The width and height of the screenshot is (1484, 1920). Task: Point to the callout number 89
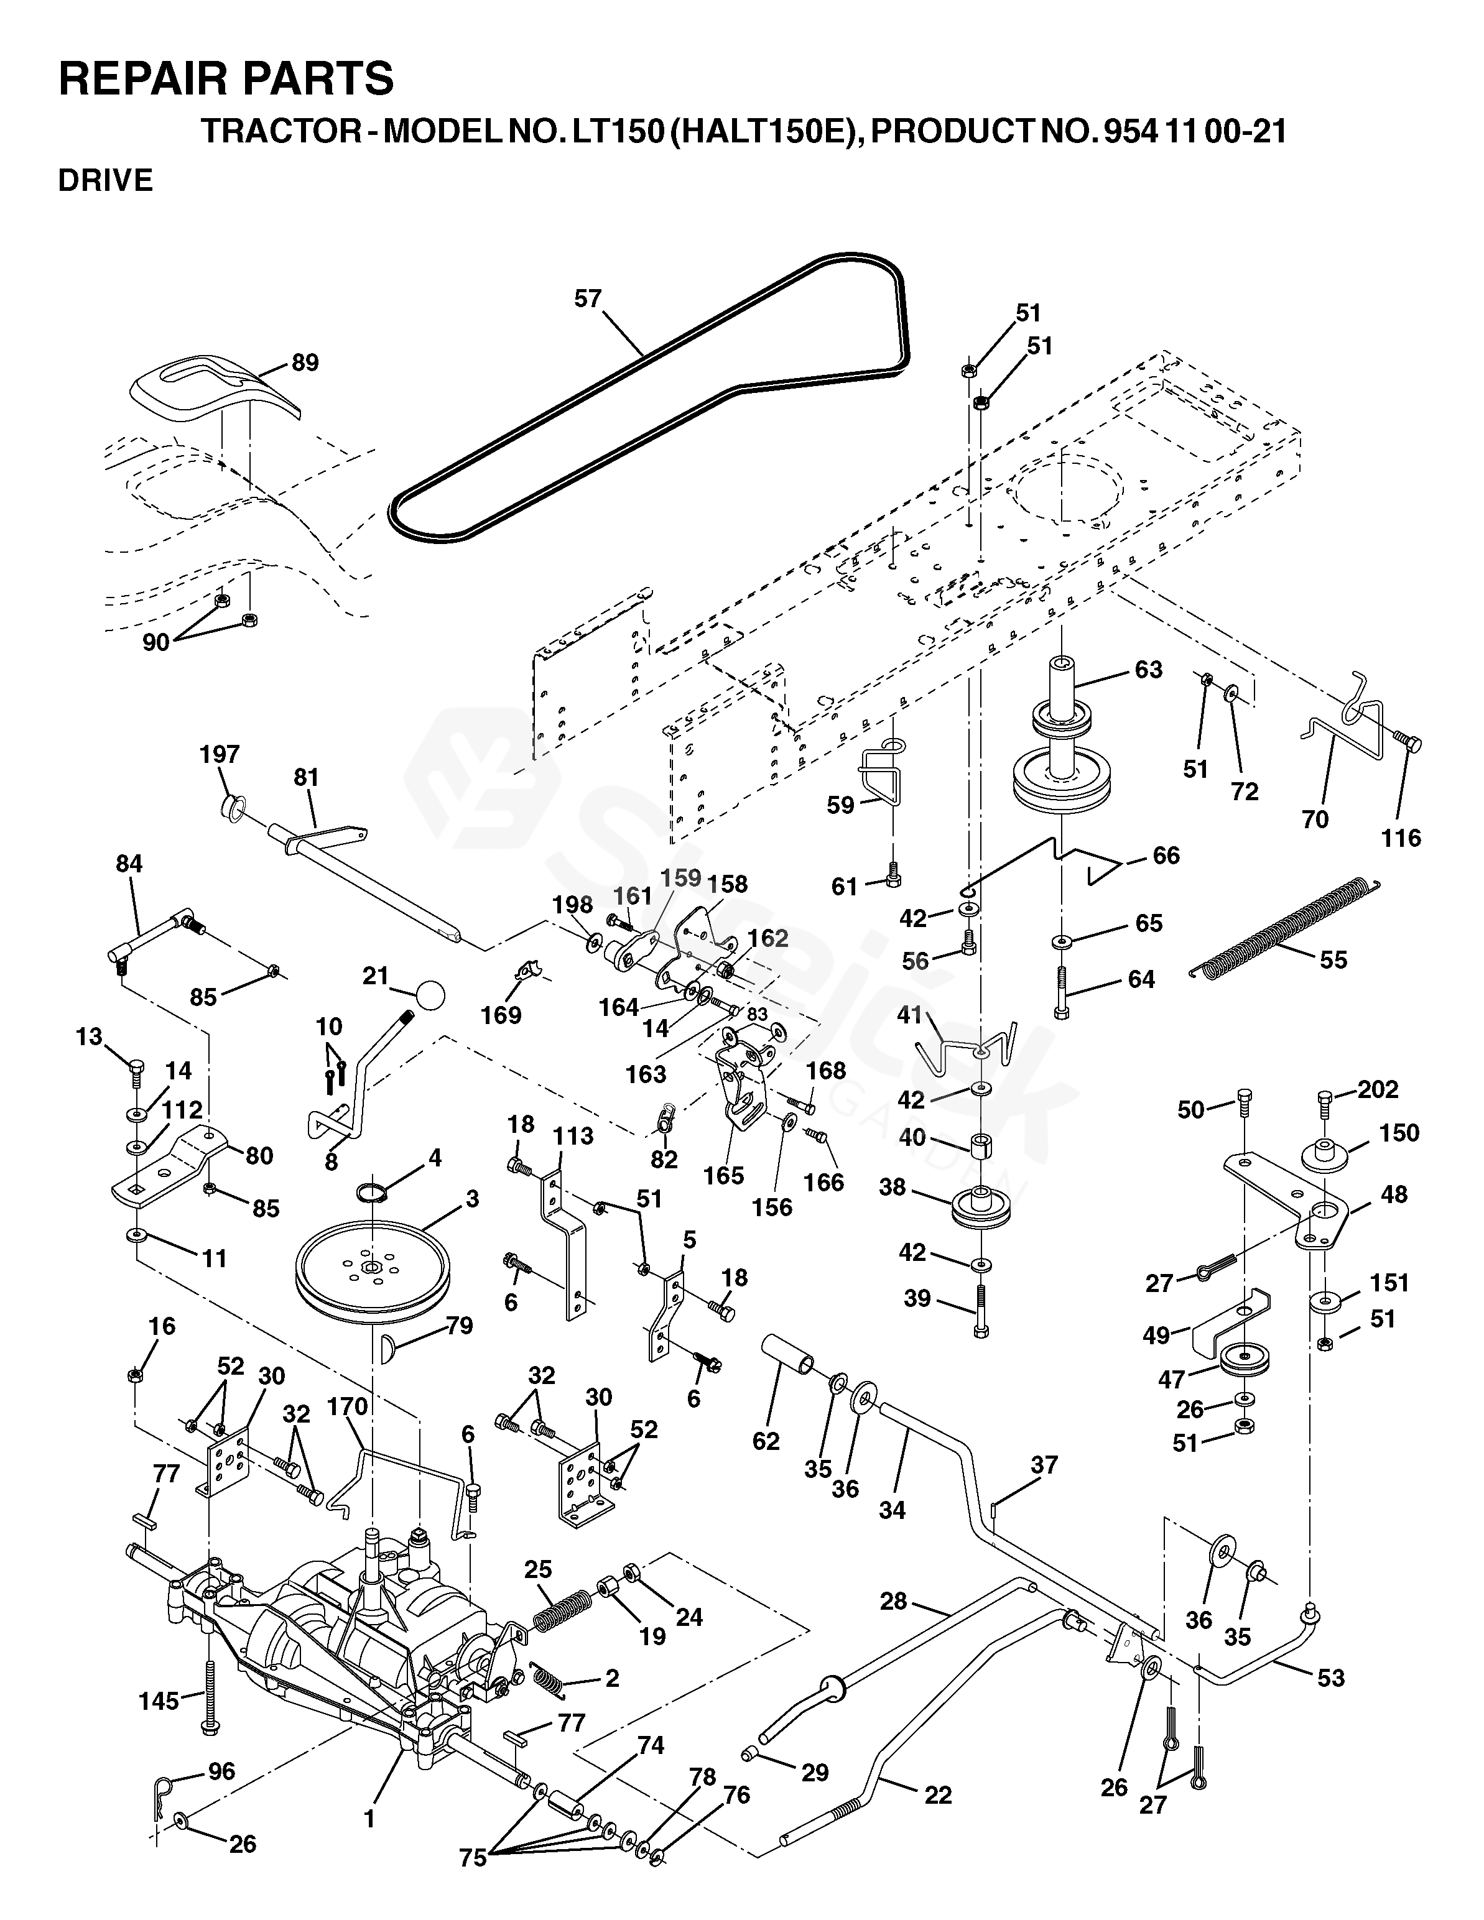coord(305,362)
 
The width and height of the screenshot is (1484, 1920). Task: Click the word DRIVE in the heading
coord(106,180)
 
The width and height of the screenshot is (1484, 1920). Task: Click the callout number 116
coord(1401,837)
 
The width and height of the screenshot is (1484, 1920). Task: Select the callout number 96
coord(221,1771)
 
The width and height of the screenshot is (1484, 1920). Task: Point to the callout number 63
coord(1148,669)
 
